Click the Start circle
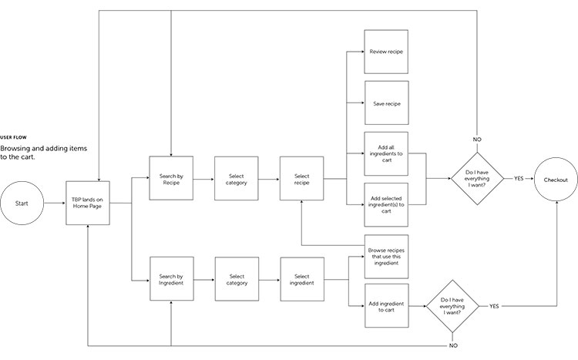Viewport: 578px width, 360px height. click(22, 203)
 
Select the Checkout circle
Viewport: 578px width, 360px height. click(556, 180)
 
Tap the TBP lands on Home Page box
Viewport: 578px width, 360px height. click(88, 203)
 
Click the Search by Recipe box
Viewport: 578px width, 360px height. click(171, 178)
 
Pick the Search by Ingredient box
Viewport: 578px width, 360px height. click(171, 279)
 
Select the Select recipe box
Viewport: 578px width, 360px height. click(301, 179)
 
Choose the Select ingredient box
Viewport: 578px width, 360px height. click(302, 279)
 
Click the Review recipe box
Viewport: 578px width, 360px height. click(386, 52)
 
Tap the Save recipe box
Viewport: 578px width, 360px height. click(387, 103)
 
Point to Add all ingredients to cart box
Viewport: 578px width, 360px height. click(386, 154)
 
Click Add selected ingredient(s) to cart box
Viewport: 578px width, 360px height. click(386, 205)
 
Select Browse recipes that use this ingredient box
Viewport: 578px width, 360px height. click(386, 257)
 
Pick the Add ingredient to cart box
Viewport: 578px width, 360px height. click(387, 306)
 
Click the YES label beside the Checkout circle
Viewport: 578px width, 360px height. click(519, 179)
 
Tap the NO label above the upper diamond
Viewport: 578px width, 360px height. click(477, 140)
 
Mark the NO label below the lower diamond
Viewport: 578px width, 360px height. click(453, 345)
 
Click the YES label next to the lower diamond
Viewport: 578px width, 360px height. click(494, 306)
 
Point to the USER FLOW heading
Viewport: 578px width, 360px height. click(13, 137)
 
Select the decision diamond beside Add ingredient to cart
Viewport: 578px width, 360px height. click(452, 306)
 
